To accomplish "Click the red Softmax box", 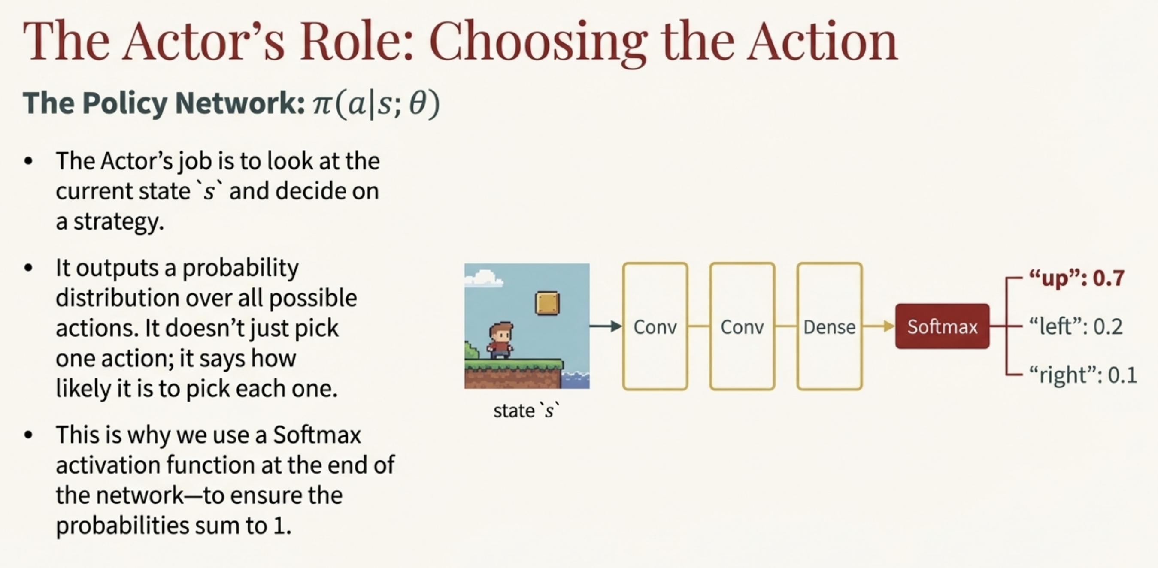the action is [x=942, y=326].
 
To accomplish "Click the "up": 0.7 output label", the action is [x=1076, y=278].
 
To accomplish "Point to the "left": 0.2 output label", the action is [x=1076, y=326].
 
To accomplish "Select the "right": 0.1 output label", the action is [x=1083, y=375].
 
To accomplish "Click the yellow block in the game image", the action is [x=547, y=303].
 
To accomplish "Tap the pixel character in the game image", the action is [x=500, y=340].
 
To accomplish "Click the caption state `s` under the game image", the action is [x=526, y=410].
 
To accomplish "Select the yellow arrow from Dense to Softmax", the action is [x=879, y=326].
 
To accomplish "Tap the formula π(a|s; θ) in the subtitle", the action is [x=376, y=104].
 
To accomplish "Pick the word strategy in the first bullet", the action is [x=119, y=221].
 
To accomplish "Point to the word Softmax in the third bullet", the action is [x=317, y=435].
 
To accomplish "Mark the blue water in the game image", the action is [x=576, y=380].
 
